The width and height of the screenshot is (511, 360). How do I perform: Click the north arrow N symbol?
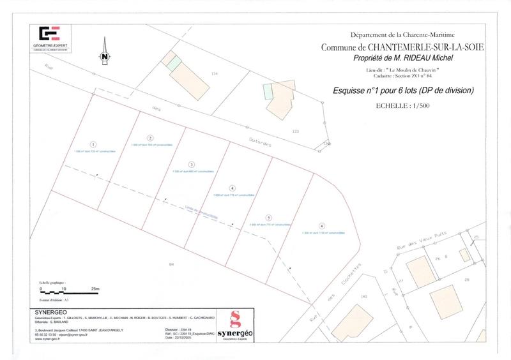tap(103, 56)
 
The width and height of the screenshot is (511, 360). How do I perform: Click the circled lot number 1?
tap(93, 144)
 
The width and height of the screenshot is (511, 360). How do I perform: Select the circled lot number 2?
tap(149, 138)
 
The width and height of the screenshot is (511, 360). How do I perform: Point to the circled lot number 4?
tap(233, 188)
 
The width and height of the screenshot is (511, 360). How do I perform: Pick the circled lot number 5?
tap(269, 217)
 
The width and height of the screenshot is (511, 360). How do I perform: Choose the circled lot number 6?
tap(323, 226)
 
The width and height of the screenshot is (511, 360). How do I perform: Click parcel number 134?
tap(215, 75)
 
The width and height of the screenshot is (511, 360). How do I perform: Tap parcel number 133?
tap(295, 131)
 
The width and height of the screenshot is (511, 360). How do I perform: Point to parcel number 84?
tap(171, 264)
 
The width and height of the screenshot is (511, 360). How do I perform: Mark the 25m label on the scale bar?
tap(96, 289)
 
